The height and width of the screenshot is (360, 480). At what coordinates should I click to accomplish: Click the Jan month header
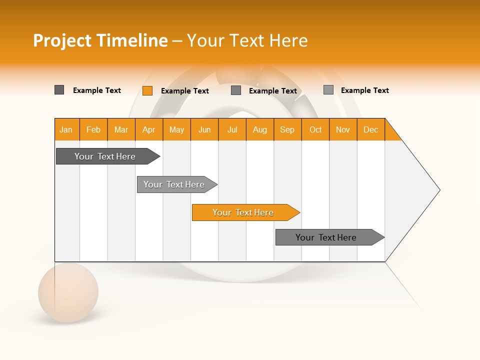pyautogui.click(x=66, y=129)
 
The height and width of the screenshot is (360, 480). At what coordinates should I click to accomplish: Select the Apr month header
pyautogui.click(x=148, y=129)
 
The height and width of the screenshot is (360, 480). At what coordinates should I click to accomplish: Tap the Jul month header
pyautogui.click(x=232, y=129)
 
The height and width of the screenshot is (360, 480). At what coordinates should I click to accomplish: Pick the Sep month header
pyautogui.click(x=287, y=129)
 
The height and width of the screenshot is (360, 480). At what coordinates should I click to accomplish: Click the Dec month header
pyautogui.click(x=370, y=129)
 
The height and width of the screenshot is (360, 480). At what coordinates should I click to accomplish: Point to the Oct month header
pyautogui.click(x=315, y=129)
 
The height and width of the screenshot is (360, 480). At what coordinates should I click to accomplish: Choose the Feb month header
pyautogui.click(x=93, y=129)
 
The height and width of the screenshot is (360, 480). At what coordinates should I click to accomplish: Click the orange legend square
pyautogui.click(x=147, y=90)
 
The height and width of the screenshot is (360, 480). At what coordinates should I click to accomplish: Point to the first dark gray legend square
pyautogui.click(x=59, y=90)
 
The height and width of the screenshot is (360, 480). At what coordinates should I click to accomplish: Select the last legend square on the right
pyautogui.click(x=328, y=90)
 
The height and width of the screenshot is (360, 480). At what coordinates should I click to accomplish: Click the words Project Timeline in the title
pyautogui.click(x=100, y=40)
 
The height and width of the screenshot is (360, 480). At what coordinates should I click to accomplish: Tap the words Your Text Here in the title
pyautogui.click(x=247, y=40)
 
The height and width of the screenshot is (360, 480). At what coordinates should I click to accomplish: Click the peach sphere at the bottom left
pyautogui.click(x=68, y=292)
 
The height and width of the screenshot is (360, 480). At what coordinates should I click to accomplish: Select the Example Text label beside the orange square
pyautogui.click(x=185, y=91)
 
